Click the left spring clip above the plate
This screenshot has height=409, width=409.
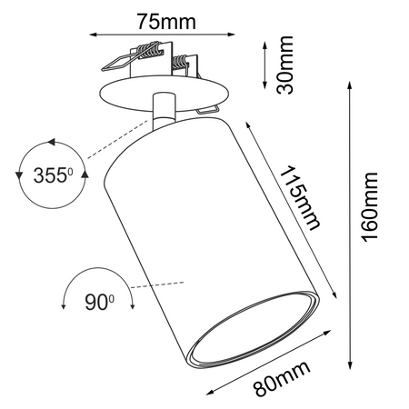coord(120,62)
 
